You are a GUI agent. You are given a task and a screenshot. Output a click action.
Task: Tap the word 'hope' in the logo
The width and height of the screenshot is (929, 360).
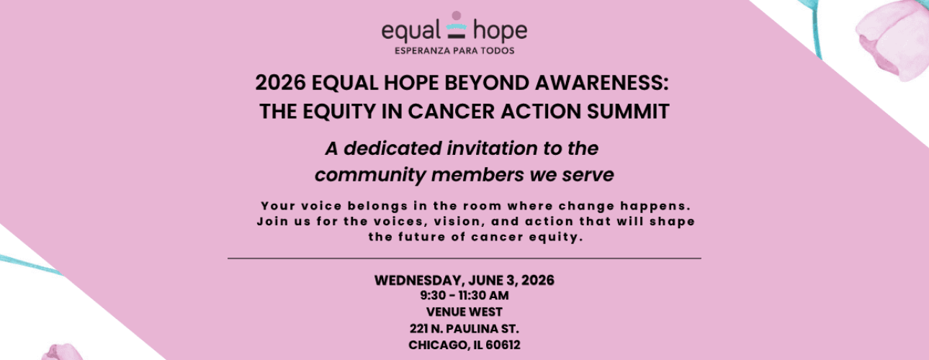click(499, 31)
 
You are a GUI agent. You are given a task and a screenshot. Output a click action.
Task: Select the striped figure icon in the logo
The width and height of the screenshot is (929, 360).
click(455, 26)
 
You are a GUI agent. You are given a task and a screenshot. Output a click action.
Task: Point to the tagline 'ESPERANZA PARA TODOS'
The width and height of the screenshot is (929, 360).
click(454, 51)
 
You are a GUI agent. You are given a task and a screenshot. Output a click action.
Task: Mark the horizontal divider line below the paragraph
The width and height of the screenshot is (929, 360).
click(464, 258)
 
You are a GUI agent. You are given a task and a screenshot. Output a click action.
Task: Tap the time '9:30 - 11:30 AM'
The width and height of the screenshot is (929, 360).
click(464, 295)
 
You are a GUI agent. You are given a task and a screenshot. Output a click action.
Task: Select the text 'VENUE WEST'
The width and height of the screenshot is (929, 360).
click(464, 312)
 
